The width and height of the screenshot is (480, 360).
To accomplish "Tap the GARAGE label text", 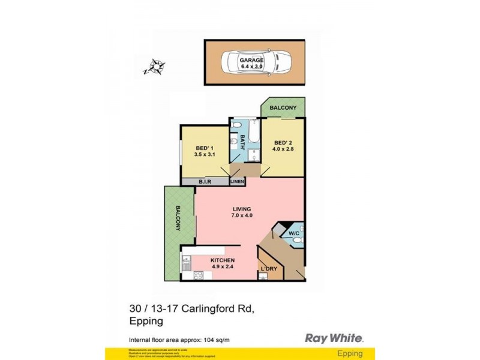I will pos(251,61).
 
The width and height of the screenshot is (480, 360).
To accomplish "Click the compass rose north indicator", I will pos(157,66).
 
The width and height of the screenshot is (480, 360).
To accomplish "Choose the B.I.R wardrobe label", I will pos(205,181).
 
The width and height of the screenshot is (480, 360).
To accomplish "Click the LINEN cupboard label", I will pos(236,181).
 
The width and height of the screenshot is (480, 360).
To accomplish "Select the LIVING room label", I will pos(242,209).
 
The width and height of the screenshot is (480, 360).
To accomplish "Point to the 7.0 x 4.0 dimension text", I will pos(242,215).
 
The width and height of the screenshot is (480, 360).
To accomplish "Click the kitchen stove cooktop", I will pos(197,275).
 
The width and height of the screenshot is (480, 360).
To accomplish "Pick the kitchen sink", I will pos(187,262).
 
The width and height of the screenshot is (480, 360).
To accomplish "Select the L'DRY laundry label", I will pos(268,268).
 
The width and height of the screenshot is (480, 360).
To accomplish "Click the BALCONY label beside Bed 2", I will pos(283,107).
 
